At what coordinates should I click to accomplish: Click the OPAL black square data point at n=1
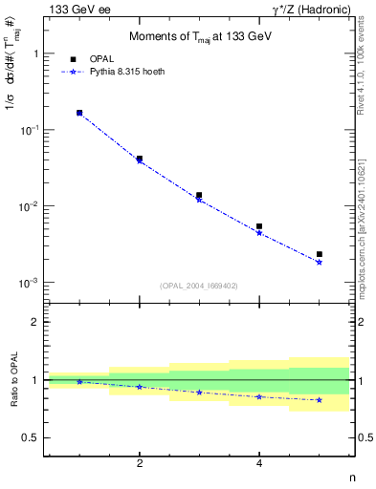point(79,113)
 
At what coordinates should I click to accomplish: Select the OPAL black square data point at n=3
point(199,195)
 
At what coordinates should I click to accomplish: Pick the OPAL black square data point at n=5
point(319,254)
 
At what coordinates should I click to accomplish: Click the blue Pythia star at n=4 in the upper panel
point(259,233)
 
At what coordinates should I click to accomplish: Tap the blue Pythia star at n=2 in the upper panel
point(140,160)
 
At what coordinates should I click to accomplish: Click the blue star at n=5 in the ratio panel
point(319,400)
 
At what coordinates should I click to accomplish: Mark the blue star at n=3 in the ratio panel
point(199,393)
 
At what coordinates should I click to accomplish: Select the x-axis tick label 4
point(259,463)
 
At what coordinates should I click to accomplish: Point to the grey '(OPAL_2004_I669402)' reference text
point(199,285)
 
